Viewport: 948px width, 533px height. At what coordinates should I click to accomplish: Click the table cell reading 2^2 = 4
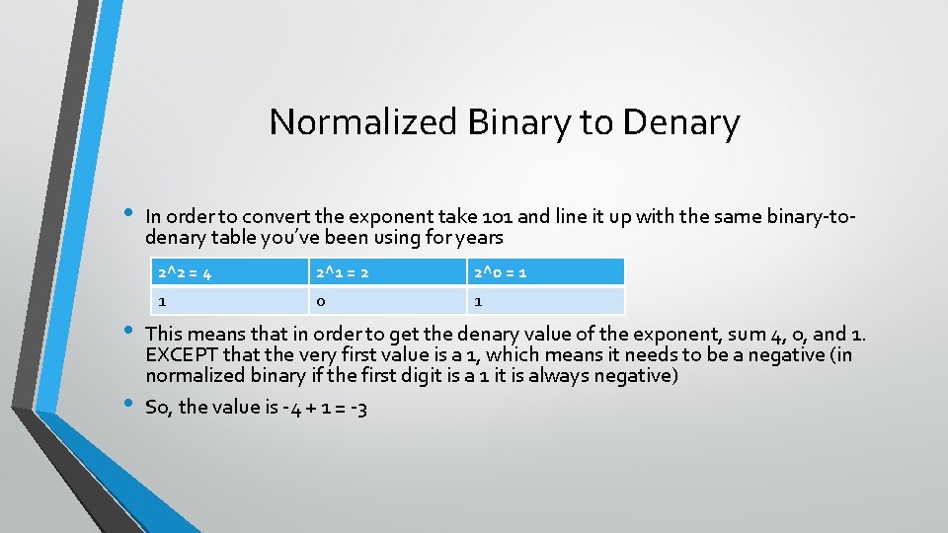click(x=227, y=271)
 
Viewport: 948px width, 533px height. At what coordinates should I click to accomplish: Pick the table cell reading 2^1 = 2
click(x=387, y=271)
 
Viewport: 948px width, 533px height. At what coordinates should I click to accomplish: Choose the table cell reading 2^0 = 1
click(x=545, y=271)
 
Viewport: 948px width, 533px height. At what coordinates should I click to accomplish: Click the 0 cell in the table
click(x=387, y=300)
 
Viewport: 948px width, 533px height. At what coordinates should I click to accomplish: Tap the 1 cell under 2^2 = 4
click(x=227, y=300)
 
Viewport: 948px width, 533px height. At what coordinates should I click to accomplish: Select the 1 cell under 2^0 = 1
click(x=545, y=300)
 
